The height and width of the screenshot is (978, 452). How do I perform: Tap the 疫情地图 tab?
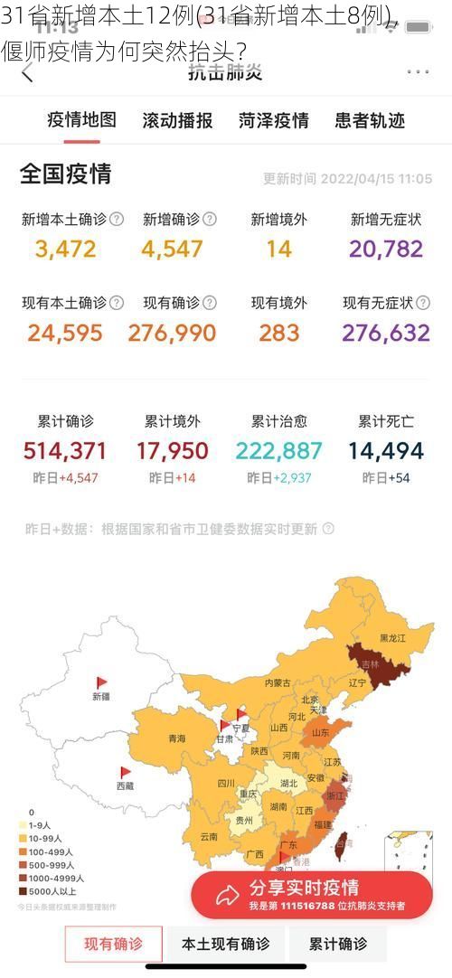coord(81,120)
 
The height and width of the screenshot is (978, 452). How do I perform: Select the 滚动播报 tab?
coord(177,120)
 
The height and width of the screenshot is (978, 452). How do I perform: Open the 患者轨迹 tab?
coord(369,120)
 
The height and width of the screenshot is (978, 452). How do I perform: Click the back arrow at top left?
coord(27,73)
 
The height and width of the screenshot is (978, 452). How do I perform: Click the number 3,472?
coord(65,249)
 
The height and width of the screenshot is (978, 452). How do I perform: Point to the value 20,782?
coord(386,249)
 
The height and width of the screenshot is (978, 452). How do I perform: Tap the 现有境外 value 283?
coord(278,333)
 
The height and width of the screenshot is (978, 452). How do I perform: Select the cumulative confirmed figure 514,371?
coord(65,450)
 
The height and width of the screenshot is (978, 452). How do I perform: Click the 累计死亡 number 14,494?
coord(386,450)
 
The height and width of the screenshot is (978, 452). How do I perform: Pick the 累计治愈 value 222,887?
coord(278,450)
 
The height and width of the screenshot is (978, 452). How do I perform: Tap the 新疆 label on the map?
coord(100,696)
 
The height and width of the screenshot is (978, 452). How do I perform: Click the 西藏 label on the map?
coord(125,785)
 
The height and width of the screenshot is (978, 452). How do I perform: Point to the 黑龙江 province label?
coord(392,638)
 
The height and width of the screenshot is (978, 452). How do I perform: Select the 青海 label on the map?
coord(176,738)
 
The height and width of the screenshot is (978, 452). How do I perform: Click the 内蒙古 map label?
coord(278,683)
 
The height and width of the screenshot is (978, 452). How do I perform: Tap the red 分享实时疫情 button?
coord(311,894)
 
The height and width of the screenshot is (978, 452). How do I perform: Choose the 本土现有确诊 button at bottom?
coord(225,945)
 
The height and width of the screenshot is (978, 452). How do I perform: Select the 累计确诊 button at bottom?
coord(338,945)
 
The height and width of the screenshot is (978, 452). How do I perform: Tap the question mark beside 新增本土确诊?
coord(117,219)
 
